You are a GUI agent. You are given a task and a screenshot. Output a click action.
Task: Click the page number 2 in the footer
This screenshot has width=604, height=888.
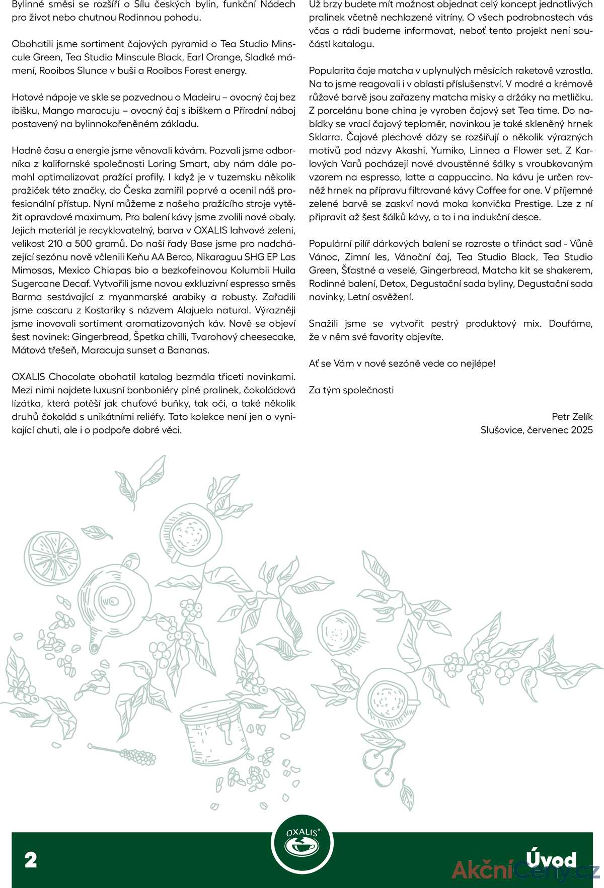tap(31, 860)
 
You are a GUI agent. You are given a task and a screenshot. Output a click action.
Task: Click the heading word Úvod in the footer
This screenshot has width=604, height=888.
tap(551, 859)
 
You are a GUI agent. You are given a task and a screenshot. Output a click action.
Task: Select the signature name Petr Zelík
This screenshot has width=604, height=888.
tap(572, 417)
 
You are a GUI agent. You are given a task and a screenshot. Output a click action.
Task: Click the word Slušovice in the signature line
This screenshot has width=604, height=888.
tap(501, 430)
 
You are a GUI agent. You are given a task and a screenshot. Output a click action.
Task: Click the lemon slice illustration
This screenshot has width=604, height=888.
tap(52, 558)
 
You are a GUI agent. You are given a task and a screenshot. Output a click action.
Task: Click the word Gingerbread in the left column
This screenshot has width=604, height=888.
tap(102, 337)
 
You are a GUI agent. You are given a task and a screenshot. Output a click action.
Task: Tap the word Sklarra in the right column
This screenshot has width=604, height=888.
tap(325, 137)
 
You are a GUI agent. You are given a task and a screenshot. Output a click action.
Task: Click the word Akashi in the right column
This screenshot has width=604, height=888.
tap(410, 150)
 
